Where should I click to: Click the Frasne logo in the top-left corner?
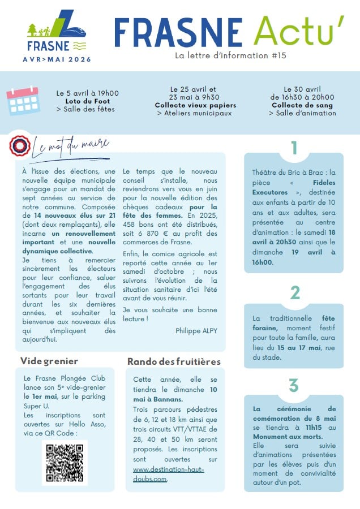point(57,31)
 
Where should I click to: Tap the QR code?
point(65,462)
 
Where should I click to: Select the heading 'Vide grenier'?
point(49,361)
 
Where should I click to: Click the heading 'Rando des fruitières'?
point(174,361)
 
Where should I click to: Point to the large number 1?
point(294,148)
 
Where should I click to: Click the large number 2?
point(294,292)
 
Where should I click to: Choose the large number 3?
point(294,385)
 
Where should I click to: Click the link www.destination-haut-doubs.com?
point(168,475)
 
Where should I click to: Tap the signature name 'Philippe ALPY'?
point(196,330)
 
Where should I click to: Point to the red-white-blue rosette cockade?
point(20,145)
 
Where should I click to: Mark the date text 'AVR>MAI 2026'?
point(57,59)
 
